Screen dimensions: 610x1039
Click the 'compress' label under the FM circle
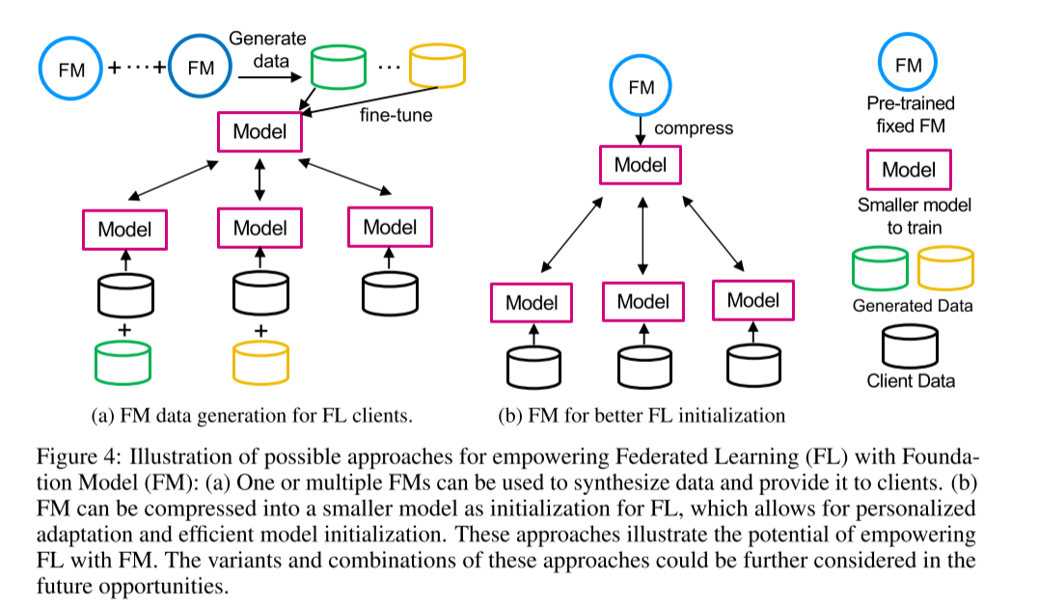[x=694, y=127]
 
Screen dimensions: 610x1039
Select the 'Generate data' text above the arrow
[x=267, y=47]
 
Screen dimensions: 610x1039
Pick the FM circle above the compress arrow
[x=642, y=86]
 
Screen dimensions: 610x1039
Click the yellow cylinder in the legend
[x=945, y=268]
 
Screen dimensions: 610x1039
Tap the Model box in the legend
[x=909, y=171]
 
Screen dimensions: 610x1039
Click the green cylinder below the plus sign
[x=123, y=360]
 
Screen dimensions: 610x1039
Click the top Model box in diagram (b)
[x=642, y=164]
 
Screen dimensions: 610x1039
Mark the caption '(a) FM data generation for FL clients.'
[x=251, y=417]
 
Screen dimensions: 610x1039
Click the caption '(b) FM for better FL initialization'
[x=642, y=417]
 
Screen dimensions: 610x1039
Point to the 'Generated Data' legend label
[x=912, y=306]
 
